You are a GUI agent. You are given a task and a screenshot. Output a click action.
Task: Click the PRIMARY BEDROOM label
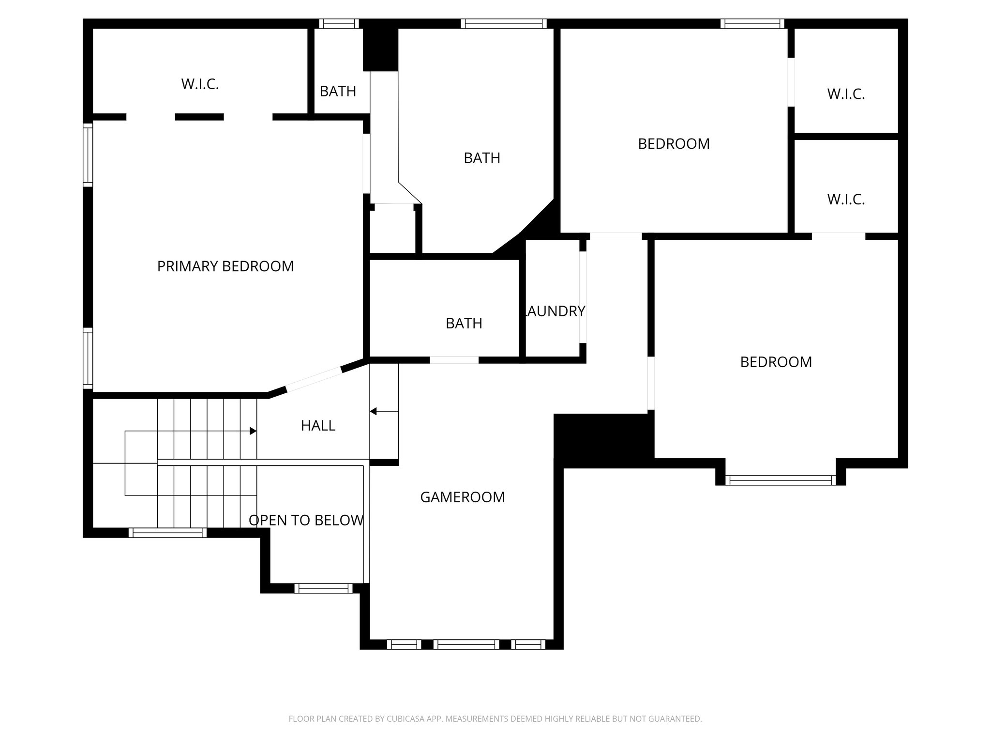click(225, 266)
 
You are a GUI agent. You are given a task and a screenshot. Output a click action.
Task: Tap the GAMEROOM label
click(462, 497)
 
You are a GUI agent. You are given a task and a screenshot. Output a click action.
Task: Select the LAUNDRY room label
click(555, 311)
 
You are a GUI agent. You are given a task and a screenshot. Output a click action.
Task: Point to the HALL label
click(318, 425)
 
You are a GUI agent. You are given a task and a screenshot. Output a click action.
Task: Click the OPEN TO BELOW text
click(306, 520)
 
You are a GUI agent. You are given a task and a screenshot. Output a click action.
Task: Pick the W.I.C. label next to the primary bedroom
click(200, 84)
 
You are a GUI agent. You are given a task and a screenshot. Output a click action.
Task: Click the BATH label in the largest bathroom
click(482, 158)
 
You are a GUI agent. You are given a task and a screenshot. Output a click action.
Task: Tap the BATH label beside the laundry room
click(464, 323)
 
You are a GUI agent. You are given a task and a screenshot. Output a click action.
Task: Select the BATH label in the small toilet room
click(338, 91)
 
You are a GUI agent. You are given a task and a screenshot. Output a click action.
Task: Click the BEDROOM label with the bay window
click(776, 362)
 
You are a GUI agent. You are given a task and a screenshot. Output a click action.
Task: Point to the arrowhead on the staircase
click(253, 431)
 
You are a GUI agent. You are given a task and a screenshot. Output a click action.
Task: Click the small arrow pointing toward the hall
click(374, 411)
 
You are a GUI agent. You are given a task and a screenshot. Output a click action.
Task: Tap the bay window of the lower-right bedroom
click(780, 480)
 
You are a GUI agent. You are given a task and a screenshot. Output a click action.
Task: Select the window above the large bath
click(503, 24)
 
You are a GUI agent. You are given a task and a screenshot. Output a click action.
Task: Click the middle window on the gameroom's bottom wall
click(465, 644)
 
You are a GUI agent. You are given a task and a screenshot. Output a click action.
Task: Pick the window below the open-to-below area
click(323, 588)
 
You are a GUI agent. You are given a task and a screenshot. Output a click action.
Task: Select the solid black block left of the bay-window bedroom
click(603, 438)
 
